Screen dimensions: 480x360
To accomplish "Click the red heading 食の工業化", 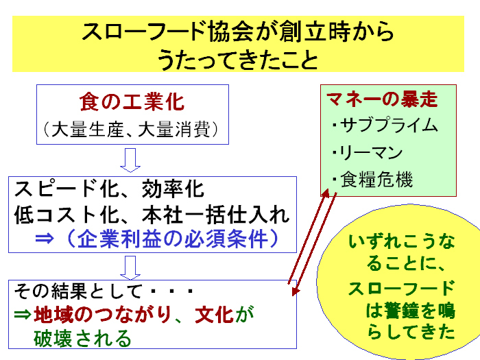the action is click(x=132, y=102).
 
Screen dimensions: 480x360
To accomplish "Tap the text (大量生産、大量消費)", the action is click(x=132, y=130).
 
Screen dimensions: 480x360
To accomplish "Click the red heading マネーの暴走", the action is click(x=383, y=99).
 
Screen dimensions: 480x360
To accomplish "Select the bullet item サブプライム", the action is click(x=389, y=125).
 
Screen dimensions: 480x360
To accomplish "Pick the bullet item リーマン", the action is click(x=372, y=152).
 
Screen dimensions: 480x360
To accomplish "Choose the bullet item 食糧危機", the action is click(x=376, y=179).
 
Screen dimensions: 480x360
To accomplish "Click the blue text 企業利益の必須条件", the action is click(x=173, y=239).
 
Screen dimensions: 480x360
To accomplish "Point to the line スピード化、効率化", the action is click(x=109, y=189).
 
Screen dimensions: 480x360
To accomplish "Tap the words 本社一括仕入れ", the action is click(x=215, y=215).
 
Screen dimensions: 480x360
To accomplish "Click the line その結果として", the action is click(x=77, y=291).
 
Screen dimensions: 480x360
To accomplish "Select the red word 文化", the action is click(x=214, y=314).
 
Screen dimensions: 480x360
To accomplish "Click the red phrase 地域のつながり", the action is click(x=102, y=314).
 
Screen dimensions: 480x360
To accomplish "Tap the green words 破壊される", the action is click(x=83, y=338).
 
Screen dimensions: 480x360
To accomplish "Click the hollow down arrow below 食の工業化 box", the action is click(x=130, y=160).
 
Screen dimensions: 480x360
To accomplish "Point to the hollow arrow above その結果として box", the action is click(x=130, y=267).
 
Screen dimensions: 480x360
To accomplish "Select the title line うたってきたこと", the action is click(x=238, y=59).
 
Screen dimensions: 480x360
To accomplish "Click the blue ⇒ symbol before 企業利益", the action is click(x=45, y=239).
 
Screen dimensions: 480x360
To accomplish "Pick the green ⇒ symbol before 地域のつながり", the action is click(x=23, y=314).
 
